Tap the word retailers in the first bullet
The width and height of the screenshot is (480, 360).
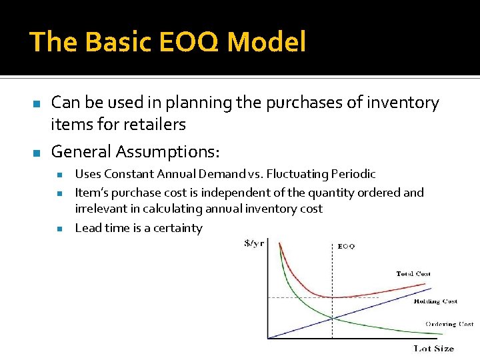point(153,124)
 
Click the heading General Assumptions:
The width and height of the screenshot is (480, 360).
point(135,151)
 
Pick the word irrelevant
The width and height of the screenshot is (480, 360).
point(102,209)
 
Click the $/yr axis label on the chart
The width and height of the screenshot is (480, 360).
point(254,243)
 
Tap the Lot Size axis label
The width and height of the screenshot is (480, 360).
point(433,348)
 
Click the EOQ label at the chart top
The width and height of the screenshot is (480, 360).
point(346,246)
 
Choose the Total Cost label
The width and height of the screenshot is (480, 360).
point(413,274)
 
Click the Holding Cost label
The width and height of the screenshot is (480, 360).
point(435,301)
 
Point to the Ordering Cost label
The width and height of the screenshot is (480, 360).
point(449,324)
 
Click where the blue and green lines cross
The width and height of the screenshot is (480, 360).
point(332,317)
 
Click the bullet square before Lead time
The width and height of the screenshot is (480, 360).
point(59,229)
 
